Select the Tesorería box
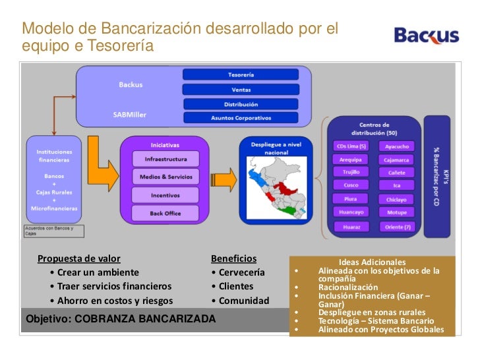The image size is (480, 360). click(x=241, y=75)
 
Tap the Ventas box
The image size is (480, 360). click(x=241, y=90)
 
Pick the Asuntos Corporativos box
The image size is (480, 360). click(x=241, y=118)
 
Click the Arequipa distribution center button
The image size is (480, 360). click(x=351, y=160)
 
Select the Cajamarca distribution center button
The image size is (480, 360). click(x=396, y=160)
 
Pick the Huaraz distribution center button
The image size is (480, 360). click(x=351, y=226)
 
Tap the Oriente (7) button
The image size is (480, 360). click(x=396, y=226)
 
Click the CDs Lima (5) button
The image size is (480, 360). click(x=351, y=146)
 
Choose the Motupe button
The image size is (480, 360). click(x=396, y=212)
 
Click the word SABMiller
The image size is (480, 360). click(x=130, y=113)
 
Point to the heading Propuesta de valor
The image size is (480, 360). click(x=79, y=258)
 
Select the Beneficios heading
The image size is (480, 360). click(x=233, y=258)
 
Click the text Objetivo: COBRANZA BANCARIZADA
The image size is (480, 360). click(x=120, y=319)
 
